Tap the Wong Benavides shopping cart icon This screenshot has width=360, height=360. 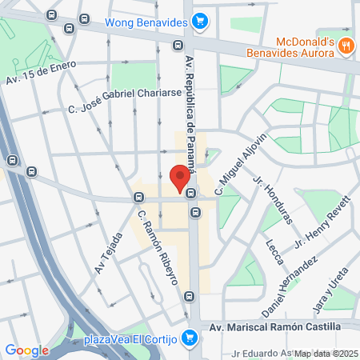coord(200,22)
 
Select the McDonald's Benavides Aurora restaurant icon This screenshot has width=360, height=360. coord(345,46)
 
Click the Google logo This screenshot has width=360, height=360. coord(27,350)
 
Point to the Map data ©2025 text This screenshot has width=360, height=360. coord(326,354)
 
